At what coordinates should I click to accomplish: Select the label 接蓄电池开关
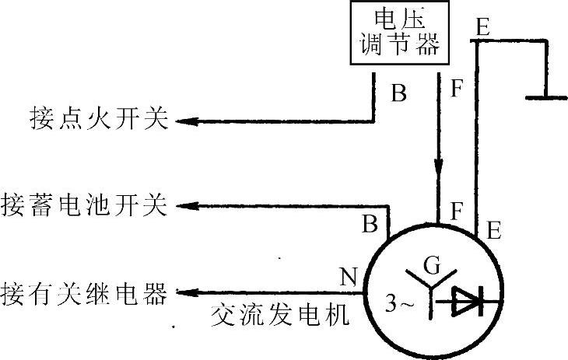click(85, 207)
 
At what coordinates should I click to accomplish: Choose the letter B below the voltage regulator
click(398, 94)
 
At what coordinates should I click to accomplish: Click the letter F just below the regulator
click(457, 87)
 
